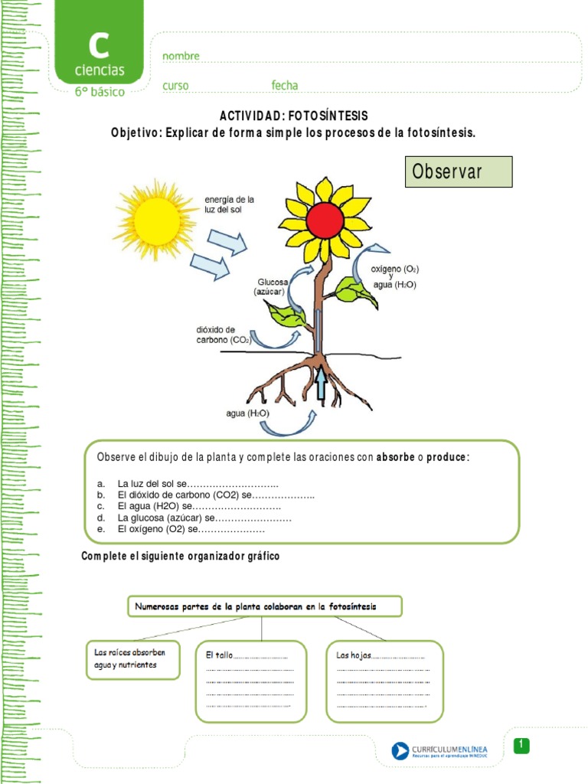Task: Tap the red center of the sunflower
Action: (x=325, y=220)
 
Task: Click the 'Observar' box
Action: (x=458, y=172)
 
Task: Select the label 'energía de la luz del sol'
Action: (x=229, y=204)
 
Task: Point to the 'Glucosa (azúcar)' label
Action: (x=273, y=286)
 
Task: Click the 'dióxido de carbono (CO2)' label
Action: (x=224, y=335)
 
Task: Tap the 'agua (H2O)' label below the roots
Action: (x=247, y=413)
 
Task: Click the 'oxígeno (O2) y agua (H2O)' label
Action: (x=394, y=276)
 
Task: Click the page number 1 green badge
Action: (x=521, y=745)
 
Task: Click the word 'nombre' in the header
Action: (x=181, y=56)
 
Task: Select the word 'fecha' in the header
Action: (x=284, y=86)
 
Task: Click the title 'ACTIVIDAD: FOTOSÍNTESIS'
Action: (x=294, y=116)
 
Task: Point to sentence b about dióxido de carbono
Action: (x=207, y=495)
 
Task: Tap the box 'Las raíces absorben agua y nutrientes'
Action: (x=132, y=658)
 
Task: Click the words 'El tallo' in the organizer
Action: (x=219, y=655)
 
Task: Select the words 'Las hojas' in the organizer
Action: (x=354, y=655)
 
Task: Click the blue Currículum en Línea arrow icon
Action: (x=400, y=751)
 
